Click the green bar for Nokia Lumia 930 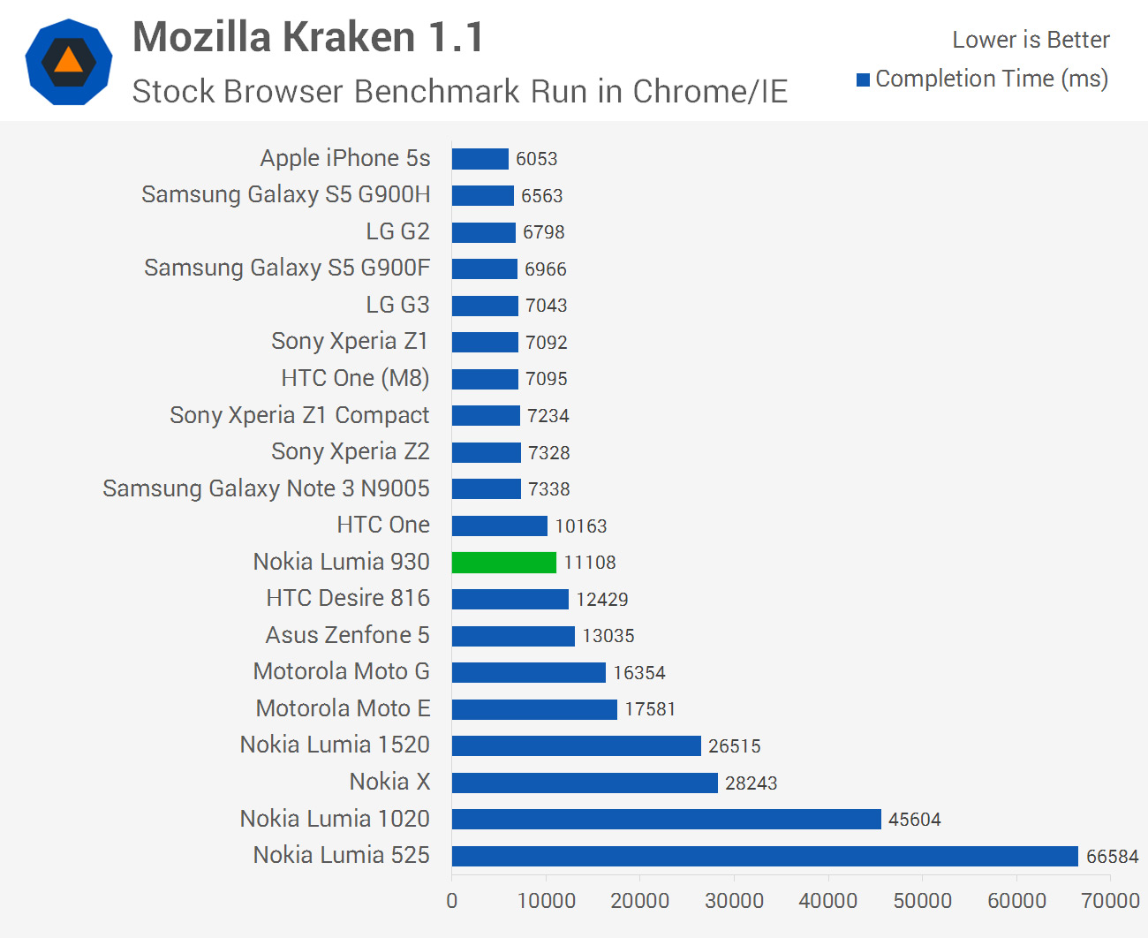pyautogui.click(x=503, y=563)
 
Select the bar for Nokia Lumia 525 pyautogui.click(x=764, y=856)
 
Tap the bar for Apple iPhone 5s pyautogui.click(x=480, y=159)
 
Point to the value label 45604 pyautogui.click(x=914, y=820)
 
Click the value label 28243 pyautogui.click(x=751, y=783)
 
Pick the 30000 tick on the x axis pyautogui.click(x=734, y=900)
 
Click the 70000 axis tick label pyautogui.click(x=1110, y=900)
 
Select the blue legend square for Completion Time pyautogui.click(x=863, y=80)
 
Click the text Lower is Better pyautogui.click(x=1030, y=40)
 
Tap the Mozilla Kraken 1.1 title pyautogui.click(x=308, y=38)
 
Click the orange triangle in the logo pyautogui.click(x=68, y=62)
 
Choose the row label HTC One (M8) pyautogui.click(x=355, y=378)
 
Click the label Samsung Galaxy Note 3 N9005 pyautogui.click(x=266, y=488)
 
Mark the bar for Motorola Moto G pyautogui.click(x=528, y=672)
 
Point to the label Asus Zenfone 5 pyautogui.click(x=347, y=635)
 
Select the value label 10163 pyautogui.click(x=580, y=526)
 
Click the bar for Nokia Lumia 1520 pyautogui.click(x=576, y=746)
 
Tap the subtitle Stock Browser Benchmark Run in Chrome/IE pyautogui.click(x=459, y=91)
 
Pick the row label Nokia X pyautogui.click(x=389, y=782)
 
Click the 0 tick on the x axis pyautogui.click(x=452, y=900)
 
